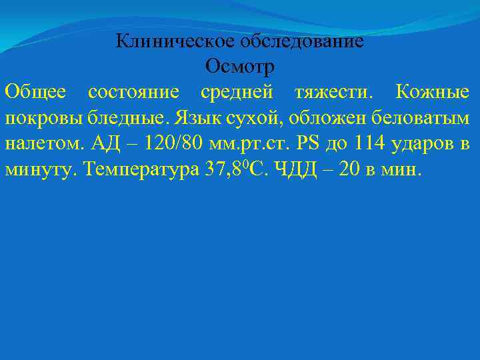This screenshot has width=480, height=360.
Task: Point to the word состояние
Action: tap(134, 92)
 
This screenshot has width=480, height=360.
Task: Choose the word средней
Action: tap(233, 92)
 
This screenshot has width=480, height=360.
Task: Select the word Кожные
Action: tap(433, 92)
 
